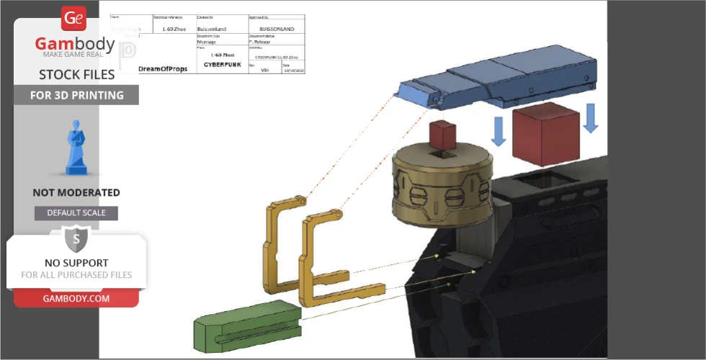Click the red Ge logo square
pos(73,19)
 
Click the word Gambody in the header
pos(75,45)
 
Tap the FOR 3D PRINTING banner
pos(76,95)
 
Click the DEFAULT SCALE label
pos(76,213)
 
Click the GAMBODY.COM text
pos(76,298)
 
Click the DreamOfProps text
pos(162,68)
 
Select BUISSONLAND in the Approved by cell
pos(276,30)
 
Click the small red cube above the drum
pos(442,134)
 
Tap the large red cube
pos(545,134)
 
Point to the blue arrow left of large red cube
pos(498,130)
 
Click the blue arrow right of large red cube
pos(590,118)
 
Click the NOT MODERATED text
pos(76,193)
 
